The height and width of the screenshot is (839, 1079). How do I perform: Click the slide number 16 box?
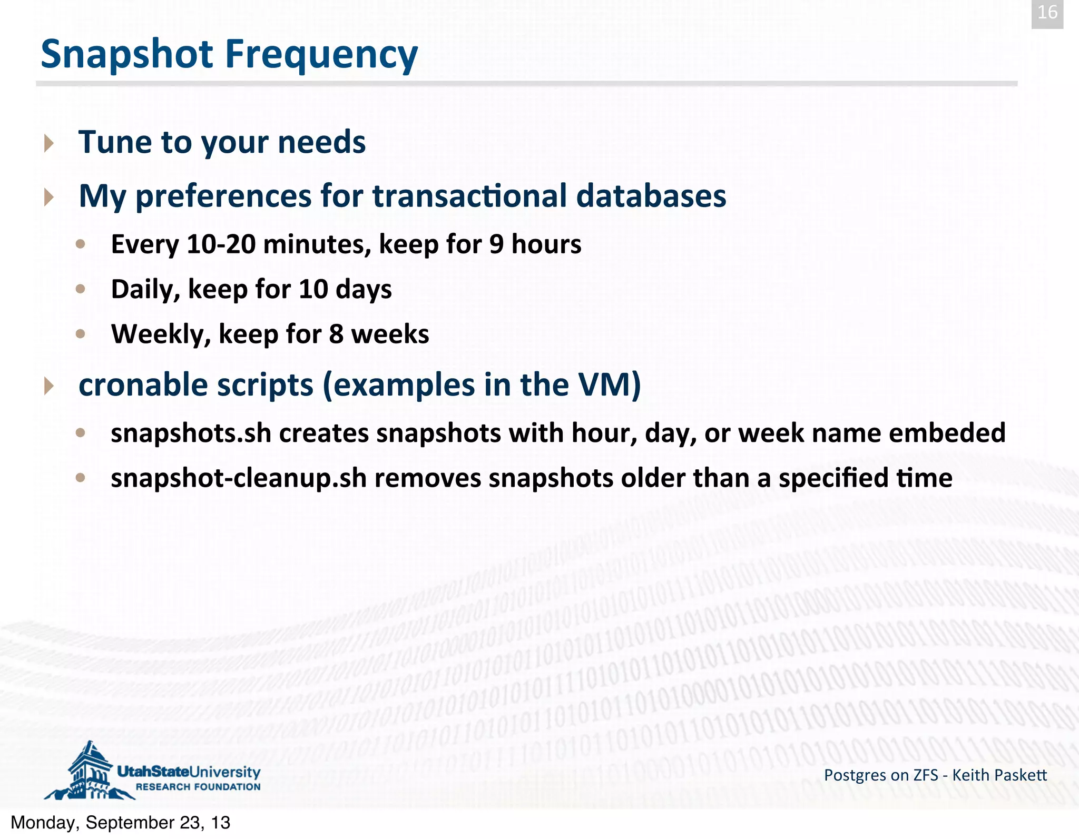[x=1047, y=13]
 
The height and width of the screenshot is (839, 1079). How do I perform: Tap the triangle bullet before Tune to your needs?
[x=49, y=143]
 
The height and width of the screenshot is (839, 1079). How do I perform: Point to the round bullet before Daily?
[x=81, y=289]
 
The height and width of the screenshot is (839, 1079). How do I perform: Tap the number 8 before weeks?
[x=336, y=334]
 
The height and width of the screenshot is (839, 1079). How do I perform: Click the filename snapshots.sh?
[x=191, y=433]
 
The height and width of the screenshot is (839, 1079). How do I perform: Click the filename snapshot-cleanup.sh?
[x=238, y=478]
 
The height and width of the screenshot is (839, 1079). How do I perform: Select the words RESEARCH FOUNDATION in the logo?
[x=198, y=787]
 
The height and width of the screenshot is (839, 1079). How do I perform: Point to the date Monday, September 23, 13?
[x=121, y=823]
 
